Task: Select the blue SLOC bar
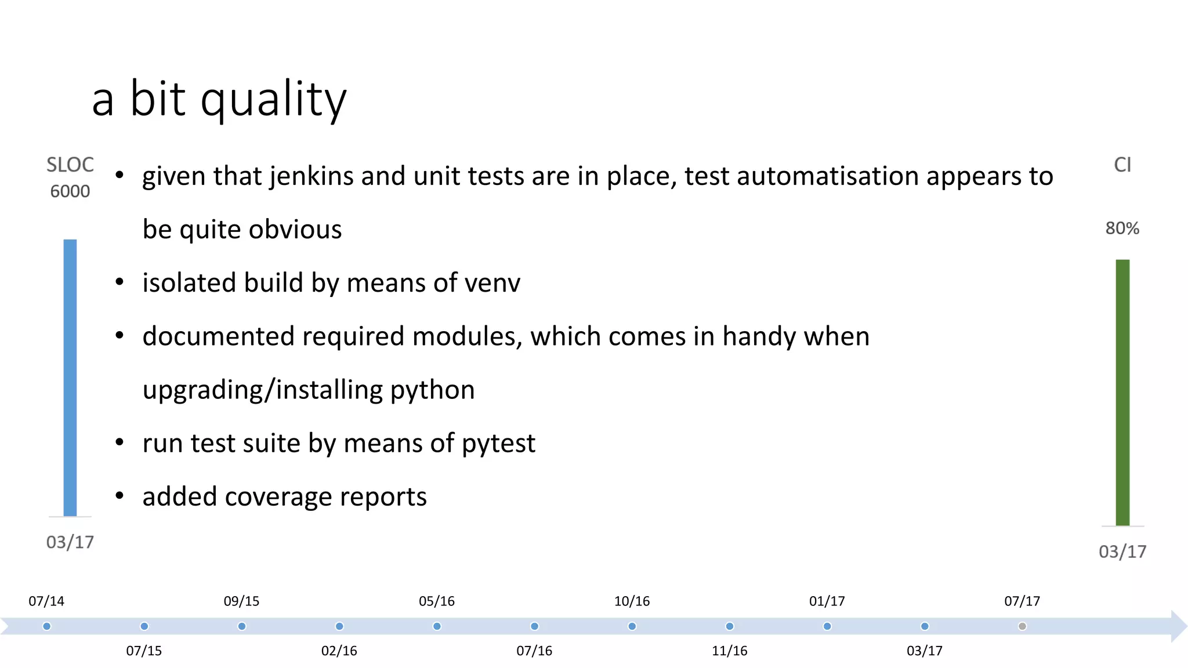coord(70,377)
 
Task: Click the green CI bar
coord(1122,392)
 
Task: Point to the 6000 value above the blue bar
coord(70,191)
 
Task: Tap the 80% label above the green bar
coord(1122,228)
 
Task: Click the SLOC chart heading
coord(70,165)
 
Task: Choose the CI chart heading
coord(1122,165)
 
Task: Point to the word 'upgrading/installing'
coord(262,390)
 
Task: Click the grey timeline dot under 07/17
coord(1022,626)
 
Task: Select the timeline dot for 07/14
coord(47,626)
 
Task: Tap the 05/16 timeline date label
coord(437,601)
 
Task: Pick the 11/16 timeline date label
coord(729,651)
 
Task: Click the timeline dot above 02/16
coord(339,626)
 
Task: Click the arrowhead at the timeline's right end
coord(1179,626)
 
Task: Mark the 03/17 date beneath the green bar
coord(1122,551)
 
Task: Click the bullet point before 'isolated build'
coord(119,282)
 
